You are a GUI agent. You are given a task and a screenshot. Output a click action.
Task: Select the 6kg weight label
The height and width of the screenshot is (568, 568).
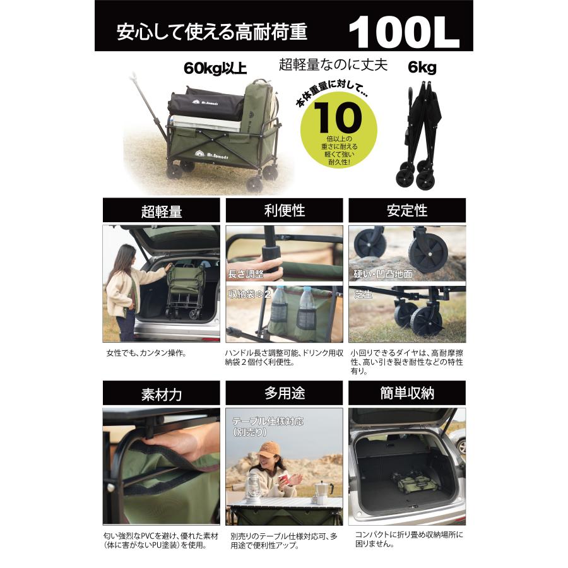423,68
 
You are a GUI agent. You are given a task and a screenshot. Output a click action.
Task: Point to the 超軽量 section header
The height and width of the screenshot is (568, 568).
162,211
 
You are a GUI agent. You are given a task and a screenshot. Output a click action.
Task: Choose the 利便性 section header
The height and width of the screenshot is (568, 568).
284,211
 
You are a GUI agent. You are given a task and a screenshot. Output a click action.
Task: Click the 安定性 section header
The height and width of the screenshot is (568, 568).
407,211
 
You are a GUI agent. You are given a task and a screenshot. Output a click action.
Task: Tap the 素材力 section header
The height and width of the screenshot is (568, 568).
162,394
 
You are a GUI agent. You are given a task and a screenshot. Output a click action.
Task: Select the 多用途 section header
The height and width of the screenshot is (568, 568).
284,394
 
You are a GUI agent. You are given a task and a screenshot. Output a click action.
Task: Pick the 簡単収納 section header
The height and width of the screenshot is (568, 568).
407,394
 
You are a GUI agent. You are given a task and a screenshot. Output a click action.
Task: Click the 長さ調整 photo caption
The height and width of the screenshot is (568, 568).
246,274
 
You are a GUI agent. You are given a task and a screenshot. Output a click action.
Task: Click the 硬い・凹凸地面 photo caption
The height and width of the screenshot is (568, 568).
383,274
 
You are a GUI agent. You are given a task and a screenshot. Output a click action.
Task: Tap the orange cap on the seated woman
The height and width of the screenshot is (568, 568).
268,450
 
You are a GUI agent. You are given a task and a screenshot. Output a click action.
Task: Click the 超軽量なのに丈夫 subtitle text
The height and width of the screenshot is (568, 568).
333,64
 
